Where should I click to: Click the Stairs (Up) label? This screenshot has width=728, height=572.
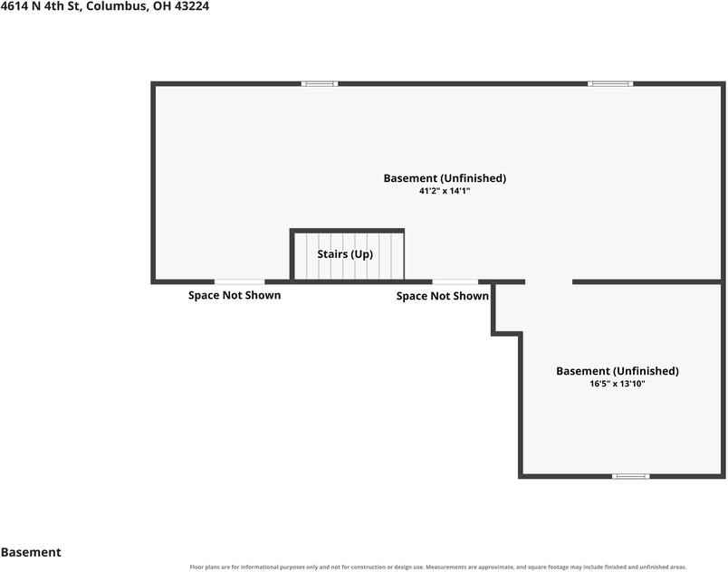pos(345,254)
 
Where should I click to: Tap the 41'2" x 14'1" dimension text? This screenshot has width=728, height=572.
pos(445,191)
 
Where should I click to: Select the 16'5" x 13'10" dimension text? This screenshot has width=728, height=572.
pos(618,384)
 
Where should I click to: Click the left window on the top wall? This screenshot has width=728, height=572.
pos(320,84)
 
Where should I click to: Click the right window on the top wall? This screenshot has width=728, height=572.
pos(610,84)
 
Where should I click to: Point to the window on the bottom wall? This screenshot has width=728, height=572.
pos(630,476)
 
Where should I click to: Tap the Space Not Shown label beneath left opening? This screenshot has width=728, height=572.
pos(235,296)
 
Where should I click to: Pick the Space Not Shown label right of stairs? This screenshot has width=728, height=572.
pos(443,297)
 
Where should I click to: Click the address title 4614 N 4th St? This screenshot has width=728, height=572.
pos(41,6)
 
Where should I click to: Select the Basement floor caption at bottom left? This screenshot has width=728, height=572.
pos(31,552)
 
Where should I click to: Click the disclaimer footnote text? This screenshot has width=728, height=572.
pos(438,567)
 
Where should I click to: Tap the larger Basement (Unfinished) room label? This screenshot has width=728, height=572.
pos(445,178)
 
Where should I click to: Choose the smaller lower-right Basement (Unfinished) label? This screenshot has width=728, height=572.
pos(618,371)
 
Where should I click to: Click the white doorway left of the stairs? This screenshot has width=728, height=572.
pos(240,281)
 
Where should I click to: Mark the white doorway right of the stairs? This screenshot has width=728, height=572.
pos(455,281)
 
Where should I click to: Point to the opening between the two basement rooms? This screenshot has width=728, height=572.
pos(549,281)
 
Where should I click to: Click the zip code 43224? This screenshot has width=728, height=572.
pos(192,6)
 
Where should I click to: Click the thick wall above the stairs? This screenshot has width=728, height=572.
pos(348,231)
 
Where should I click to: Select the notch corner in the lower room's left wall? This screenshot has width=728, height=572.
pos(521,334)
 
